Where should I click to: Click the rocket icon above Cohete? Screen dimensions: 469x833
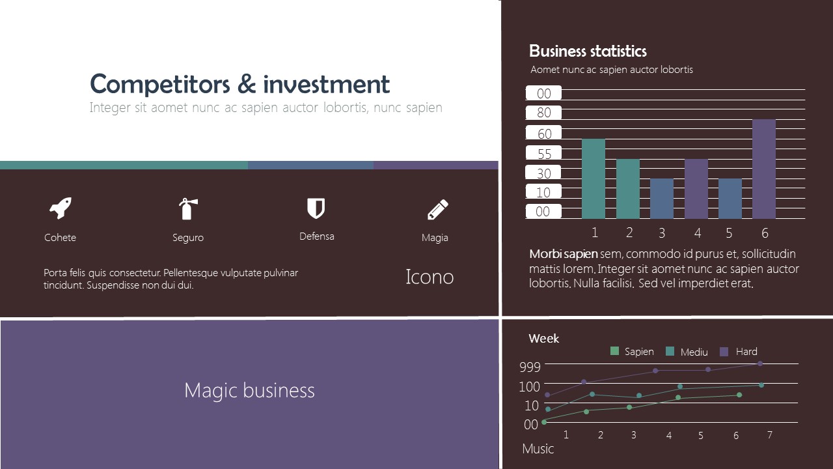[61, 208]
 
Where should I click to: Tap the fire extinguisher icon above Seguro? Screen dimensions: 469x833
[187, 209]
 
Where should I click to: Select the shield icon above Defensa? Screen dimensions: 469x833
[316, 208]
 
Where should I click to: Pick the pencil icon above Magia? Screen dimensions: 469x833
[437, 210]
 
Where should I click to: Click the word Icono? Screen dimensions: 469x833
[430, 277]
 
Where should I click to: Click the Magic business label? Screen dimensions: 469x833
[249, 390]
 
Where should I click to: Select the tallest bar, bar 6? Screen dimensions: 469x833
[763, 169]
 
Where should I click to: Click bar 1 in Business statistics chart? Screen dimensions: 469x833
[593, 178]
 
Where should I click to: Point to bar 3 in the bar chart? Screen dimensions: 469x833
[661, 198]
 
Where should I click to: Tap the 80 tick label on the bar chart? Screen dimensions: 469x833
[544, 113]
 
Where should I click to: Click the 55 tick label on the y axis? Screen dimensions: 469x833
[544, 154]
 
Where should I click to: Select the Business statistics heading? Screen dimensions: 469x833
[588, 51]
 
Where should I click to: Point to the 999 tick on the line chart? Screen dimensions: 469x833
[530, 367]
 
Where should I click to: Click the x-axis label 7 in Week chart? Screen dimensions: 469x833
[769, 434]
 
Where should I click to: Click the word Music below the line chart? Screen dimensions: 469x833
[538, 449]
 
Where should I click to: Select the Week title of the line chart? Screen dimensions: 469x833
[543, 339]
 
